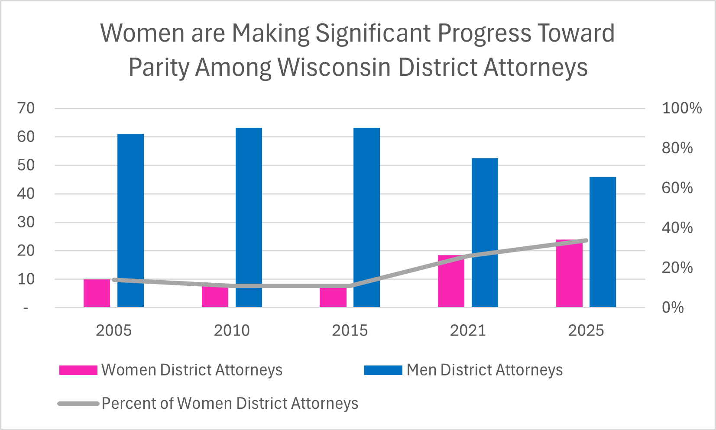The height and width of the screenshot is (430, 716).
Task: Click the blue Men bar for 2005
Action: coord(130,221)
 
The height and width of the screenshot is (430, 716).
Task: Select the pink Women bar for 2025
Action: coord(569,275)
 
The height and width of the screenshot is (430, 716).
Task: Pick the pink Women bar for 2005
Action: coord(97,294)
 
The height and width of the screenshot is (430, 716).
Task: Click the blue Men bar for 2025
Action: coord(603,242)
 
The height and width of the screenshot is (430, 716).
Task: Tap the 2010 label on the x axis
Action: coord(232,331)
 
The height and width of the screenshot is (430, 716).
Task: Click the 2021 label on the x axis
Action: coord(468,331)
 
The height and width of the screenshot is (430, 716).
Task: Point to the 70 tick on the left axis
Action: coord(26,108)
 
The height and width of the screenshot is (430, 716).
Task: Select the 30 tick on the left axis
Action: coord(26,222)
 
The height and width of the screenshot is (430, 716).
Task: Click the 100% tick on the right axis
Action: coord(681,108)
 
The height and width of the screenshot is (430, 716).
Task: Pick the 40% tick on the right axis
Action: coord(677,228)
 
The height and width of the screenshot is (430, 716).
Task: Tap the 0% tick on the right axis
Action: coord(673,307)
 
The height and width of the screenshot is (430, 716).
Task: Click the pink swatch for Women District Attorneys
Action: coord(78,370)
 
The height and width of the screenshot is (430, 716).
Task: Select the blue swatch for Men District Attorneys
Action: coord(383,370)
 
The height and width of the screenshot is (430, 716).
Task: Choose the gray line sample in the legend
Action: coord(78,404)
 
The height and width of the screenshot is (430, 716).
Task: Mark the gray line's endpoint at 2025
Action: coord(586,240)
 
